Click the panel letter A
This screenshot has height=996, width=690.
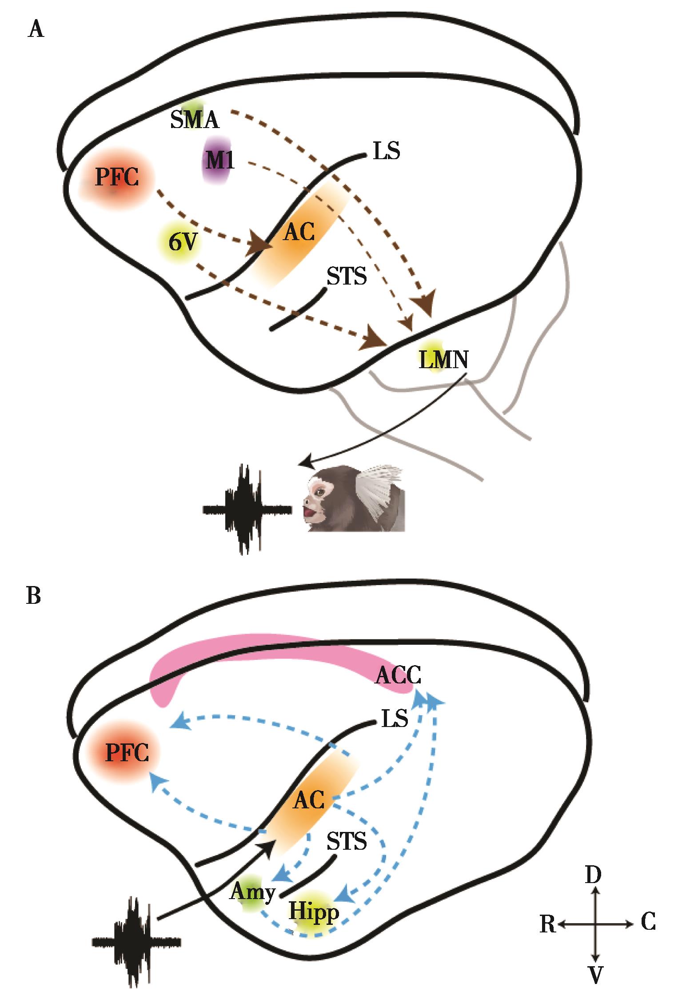(36, 30)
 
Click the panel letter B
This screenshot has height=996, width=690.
(34, 596)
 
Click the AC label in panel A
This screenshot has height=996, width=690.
(299, 232)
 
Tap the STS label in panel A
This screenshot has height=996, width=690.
(347, 277)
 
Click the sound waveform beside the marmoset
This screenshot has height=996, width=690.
(246, 509)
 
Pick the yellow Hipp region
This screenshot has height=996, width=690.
(314, 912)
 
